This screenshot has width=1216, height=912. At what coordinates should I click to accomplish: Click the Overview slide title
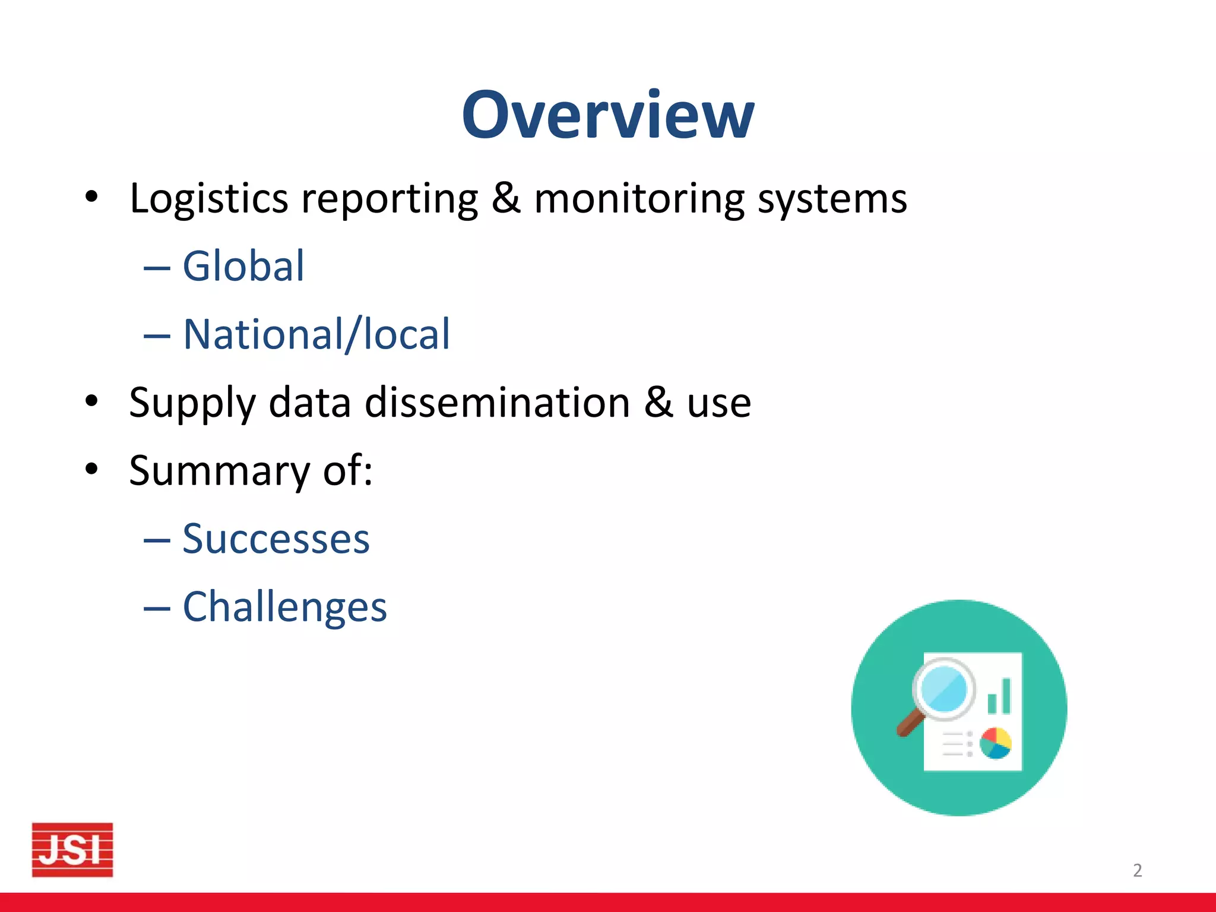pyautogui.click(x=607, y=115)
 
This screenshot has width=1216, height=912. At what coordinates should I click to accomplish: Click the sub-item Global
pyautogui.click(x=243, y=266)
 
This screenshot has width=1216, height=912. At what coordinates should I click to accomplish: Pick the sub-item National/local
pyautogui.click(x=316, y=334)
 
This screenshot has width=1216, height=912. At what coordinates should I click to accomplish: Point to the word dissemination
pyautogui.click(x=497, y=403)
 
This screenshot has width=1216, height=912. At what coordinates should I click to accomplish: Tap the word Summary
pyautogui.click(x=219, y=471)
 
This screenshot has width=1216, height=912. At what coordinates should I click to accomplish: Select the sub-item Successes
pyautogui.click(x=275, y=539)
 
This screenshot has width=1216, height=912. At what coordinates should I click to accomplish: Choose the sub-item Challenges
pyautogui.click(x=284, y=607)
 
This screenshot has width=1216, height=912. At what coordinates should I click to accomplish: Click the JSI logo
pyautogui.click(x=72, y=850)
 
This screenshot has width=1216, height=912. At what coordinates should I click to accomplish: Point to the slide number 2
pyautogui.click(x=1137, y=870)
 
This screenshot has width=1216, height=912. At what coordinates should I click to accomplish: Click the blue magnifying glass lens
pyautogui.click(x=943, y=689)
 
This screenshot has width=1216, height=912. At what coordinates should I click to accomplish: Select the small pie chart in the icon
pyautogui.click(x=996, y=743)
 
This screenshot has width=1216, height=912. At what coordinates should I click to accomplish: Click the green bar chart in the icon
pyautogui.click(x=999, y=697)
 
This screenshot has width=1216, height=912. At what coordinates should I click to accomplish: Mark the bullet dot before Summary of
pyautogui.click(x=91, y=469)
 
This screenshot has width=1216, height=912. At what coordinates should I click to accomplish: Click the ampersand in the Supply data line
pyautogui.click(x=658, y=402)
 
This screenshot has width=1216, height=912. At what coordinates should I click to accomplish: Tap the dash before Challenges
pyautogui.click(x=157, y=608)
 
